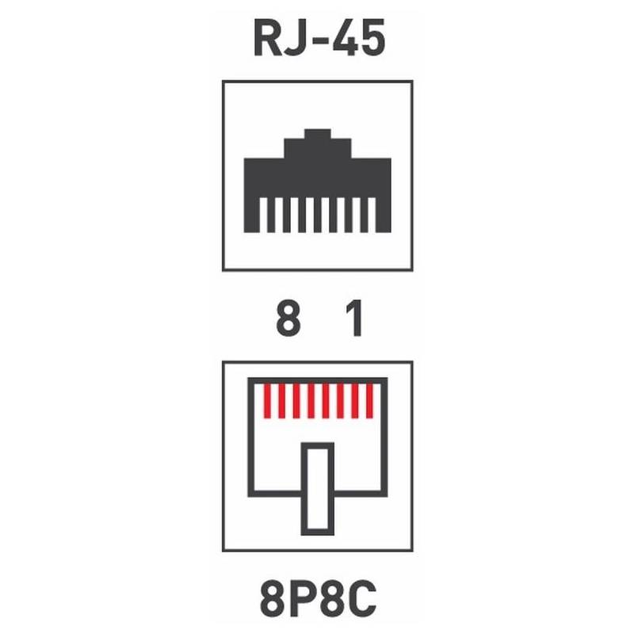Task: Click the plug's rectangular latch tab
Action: click(318, 488)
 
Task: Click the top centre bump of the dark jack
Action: click(317, 135)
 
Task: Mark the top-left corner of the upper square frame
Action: click(223, 82)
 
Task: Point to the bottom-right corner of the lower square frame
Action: click(411, 549)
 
